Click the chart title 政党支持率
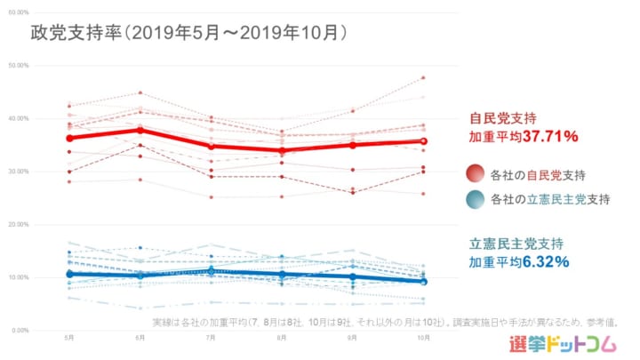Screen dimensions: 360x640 [75, 32]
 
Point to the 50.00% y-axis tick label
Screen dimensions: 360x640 [19, 66]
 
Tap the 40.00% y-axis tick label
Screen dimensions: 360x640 [19, 118]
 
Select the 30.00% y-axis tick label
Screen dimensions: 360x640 [19, 172]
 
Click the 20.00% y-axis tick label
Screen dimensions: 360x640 [19, 225]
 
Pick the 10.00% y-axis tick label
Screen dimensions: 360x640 [19, 277]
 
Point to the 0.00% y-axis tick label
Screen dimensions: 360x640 [20, 331]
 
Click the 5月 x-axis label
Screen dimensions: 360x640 [69, 339]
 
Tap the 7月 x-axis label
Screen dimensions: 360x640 [210, 339]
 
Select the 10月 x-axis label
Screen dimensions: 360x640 [423, 339]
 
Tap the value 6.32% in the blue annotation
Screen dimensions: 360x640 [545, 261]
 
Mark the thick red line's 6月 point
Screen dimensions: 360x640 [140, 130]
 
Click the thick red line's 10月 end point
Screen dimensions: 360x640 [423, 140]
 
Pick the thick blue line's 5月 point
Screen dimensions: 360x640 [69, 274]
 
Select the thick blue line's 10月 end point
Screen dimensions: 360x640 [423, 282]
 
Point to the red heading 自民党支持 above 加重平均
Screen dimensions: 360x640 [506, 118]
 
